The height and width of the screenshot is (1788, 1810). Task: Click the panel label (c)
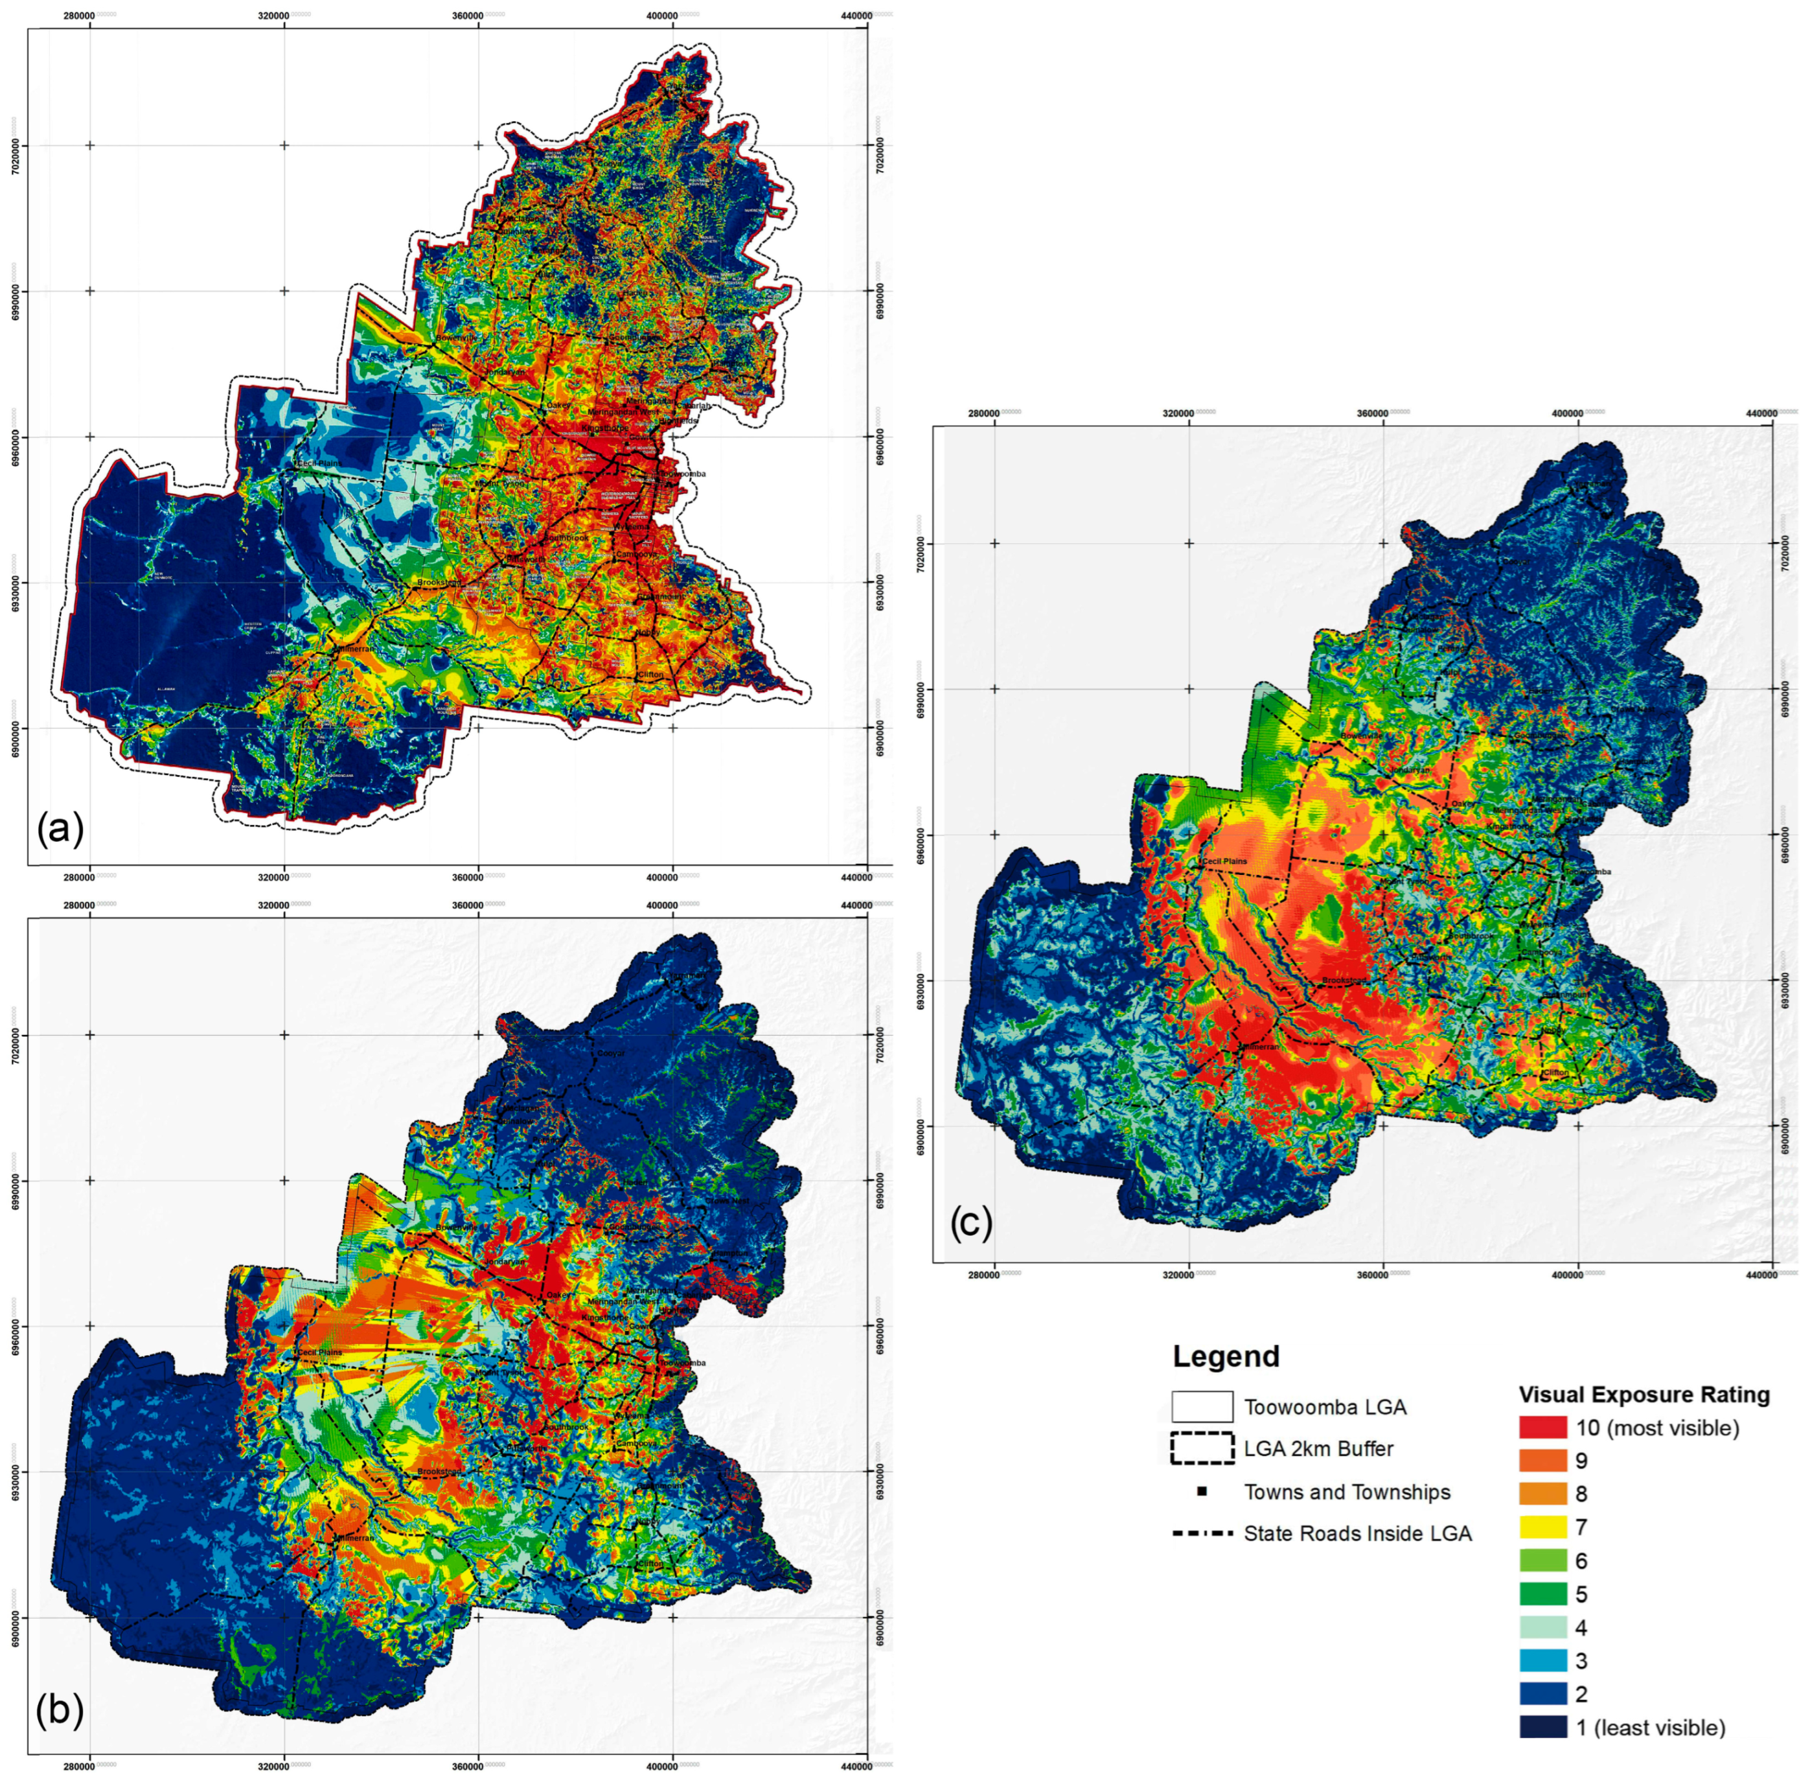click(x=970, y=1222)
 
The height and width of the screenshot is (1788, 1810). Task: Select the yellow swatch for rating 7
click(x=1542, y=1527)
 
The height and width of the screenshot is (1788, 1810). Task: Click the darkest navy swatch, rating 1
click(x=1542, y=1727)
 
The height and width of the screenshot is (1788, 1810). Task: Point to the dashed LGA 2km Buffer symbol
click(x=1201, y=1448)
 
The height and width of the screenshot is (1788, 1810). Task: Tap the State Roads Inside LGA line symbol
click(x=1201, y=1534)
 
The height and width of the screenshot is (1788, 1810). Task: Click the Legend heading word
click(x=1226, y=1356)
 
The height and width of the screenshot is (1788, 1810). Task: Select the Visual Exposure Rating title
click(x=1644, y=1395)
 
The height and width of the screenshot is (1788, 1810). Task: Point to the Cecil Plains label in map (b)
click(x=319, y=1353)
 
